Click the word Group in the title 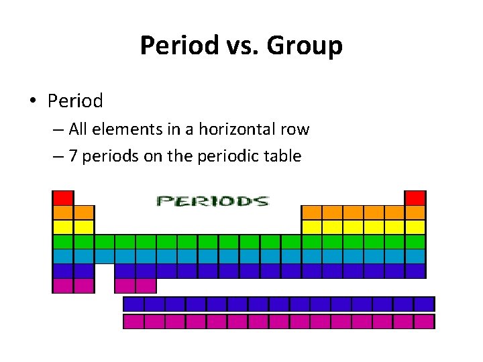coord(305,46)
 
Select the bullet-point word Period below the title coord(75,101)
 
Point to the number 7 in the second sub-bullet coord(70,157)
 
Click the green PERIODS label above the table coord(212,200)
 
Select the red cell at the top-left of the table coord(63,198)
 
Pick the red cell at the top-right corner coord(415,198)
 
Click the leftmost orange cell coord(63,213)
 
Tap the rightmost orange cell coord(415,213)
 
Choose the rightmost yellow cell coord(415,227)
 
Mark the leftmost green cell coord(63,242)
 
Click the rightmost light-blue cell coord(415,256)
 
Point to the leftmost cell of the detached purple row coord(133,304)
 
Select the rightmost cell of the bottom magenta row coord(424,322)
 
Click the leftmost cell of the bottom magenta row coord(133,322)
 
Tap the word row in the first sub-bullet coord(296,129)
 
